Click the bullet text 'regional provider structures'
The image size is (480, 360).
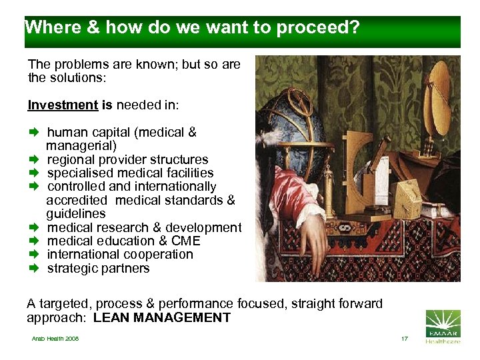[x=127, y=160]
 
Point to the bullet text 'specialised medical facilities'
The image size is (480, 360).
[x=130, y=173]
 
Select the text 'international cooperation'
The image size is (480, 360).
[x=120, y=255]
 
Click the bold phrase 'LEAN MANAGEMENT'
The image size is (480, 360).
[x=162, y=318]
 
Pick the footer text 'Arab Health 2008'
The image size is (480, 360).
[x=55, y=339]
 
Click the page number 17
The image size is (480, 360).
[x=404, y=339]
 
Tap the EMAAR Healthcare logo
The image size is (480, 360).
[x=442, y=327]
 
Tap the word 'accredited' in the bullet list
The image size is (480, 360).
[x=76, y=200]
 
